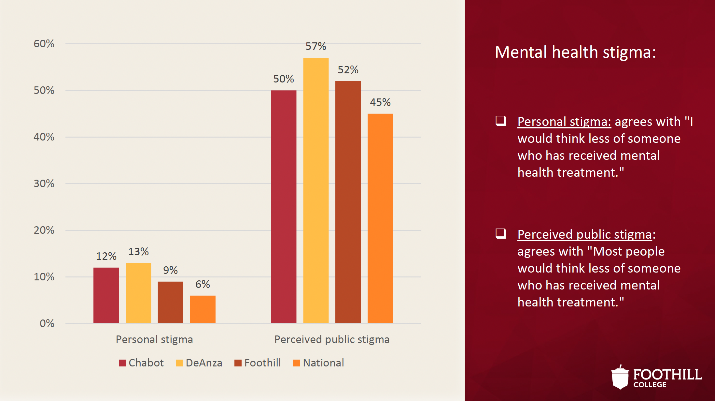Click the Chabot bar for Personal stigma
(106, 295)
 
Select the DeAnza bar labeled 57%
(316, 190)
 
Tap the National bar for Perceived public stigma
(380, 218)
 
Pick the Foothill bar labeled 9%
(170, 302)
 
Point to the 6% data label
(203, 284)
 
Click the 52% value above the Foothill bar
(348, 70)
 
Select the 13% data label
(138, 252)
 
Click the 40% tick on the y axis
(44, 137)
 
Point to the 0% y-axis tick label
(47, 323)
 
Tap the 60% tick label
(44, 44)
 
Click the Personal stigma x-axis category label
(154, 339)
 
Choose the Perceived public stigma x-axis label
(332, 339)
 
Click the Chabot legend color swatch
(122, 363)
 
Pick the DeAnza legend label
(204, 363)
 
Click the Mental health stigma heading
(575, 52)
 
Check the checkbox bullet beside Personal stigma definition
(501, 121)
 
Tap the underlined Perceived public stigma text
(585, 234)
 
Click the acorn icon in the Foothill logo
(620, 378)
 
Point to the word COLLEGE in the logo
(650, 385)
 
